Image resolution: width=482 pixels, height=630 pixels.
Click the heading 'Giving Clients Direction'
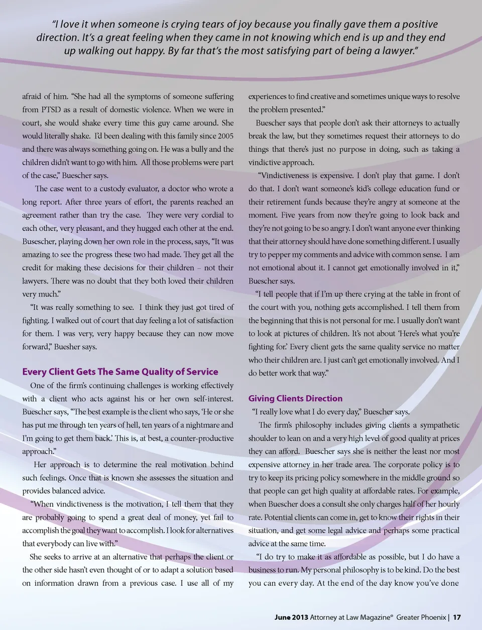click(295, 399)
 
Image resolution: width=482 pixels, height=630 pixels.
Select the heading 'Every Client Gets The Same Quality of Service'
click(120, 372)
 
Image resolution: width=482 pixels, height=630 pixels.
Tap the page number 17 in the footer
click(457, 617)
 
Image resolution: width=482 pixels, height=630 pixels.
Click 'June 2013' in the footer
click(291, 617)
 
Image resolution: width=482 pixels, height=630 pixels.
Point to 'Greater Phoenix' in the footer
click(421, 617)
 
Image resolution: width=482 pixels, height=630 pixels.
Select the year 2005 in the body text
click(225, 136)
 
